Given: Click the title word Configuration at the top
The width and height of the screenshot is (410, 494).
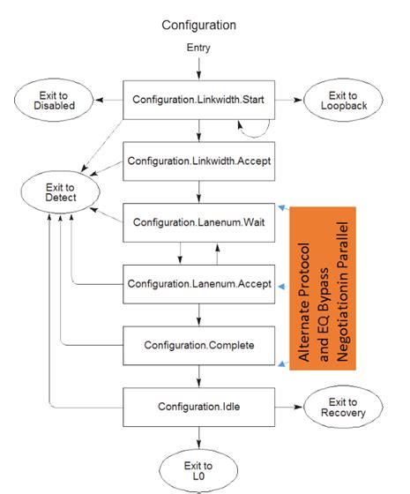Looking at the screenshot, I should coord(198,25).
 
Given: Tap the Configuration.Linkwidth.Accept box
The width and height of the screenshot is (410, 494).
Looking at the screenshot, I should coord(198,161).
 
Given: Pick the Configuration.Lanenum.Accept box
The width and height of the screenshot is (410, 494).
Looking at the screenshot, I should coord(198,284).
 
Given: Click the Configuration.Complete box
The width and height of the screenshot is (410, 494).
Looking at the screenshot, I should coord(198,345).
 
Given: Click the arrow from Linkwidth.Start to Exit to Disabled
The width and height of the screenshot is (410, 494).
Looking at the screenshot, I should coord(108,100).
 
